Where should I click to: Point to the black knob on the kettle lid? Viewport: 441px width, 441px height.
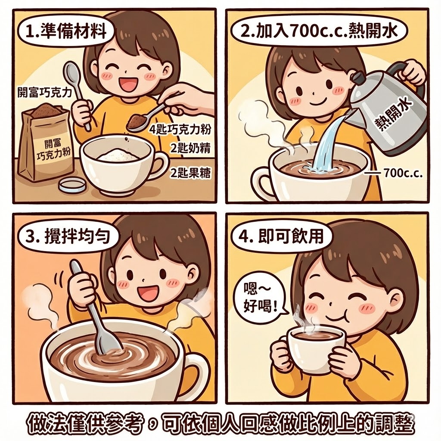pyautogui.click(x=357, y=78)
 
